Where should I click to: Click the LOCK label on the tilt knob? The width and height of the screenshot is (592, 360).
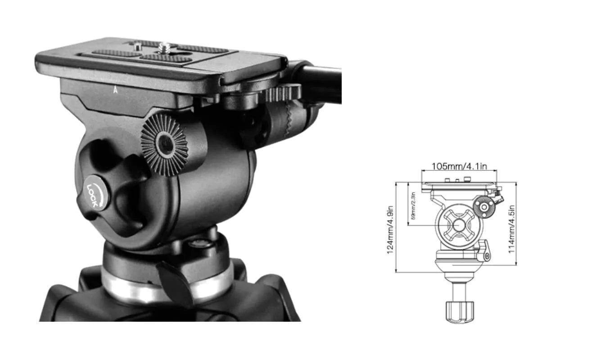pyautogui.click(x=93, y=194)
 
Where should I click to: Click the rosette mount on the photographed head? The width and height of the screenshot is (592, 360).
pyautogui.click(x=165, y=145)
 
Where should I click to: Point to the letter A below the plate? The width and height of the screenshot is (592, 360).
pyautogui.click(x=116, y=90)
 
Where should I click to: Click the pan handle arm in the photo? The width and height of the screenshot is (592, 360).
pyautogui.click(x=320, y=81)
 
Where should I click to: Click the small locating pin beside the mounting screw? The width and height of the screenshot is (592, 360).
pyautogui.click(x=137, y=46)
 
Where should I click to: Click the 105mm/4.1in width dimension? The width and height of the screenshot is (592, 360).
pyautogui.click(x=459, y=166)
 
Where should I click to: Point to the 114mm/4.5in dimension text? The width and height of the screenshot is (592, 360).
pyautogui.click(x=512, y=228)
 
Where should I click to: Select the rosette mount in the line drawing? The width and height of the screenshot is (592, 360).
pyautogui.click(x=485, y=207)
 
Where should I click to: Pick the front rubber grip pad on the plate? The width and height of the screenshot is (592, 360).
pyautogui.click(x=165, y=58)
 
